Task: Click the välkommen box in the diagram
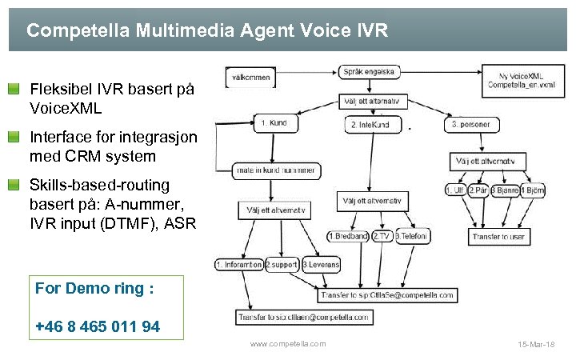[250, 78]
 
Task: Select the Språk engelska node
[369, 71]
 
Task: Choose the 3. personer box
[472, 125]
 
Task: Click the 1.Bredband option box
[348, 236]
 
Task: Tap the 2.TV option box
[381, 236]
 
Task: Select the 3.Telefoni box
[411, 236]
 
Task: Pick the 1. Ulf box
[456, 190]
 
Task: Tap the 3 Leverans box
[320, 264]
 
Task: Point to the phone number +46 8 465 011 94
[98, 326]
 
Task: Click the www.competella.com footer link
[288, 343]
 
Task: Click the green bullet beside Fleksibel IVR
[14, 88]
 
